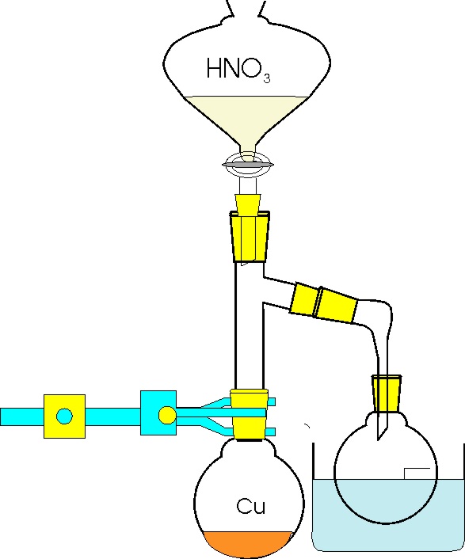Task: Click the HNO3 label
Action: pos(238,70)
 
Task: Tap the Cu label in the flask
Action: pos(251,506)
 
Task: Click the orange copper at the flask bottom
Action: pos(249,544)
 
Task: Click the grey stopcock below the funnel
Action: pos(248,165)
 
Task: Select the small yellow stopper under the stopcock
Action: pos(248,204)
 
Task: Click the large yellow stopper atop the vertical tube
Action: pos(250,237)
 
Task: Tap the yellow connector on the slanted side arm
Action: pos(323,303)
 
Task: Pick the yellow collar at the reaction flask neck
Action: pos(250,414)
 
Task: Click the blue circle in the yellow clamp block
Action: pos(64,416)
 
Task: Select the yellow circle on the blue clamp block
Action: pos(167,415)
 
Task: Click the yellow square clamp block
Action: pos(64,416)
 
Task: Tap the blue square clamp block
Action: pos(158,413)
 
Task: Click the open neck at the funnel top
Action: pos(247,8)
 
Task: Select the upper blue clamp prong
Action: pos(235,402)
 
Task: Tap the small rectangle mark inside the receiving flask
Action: pos(417,473)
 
